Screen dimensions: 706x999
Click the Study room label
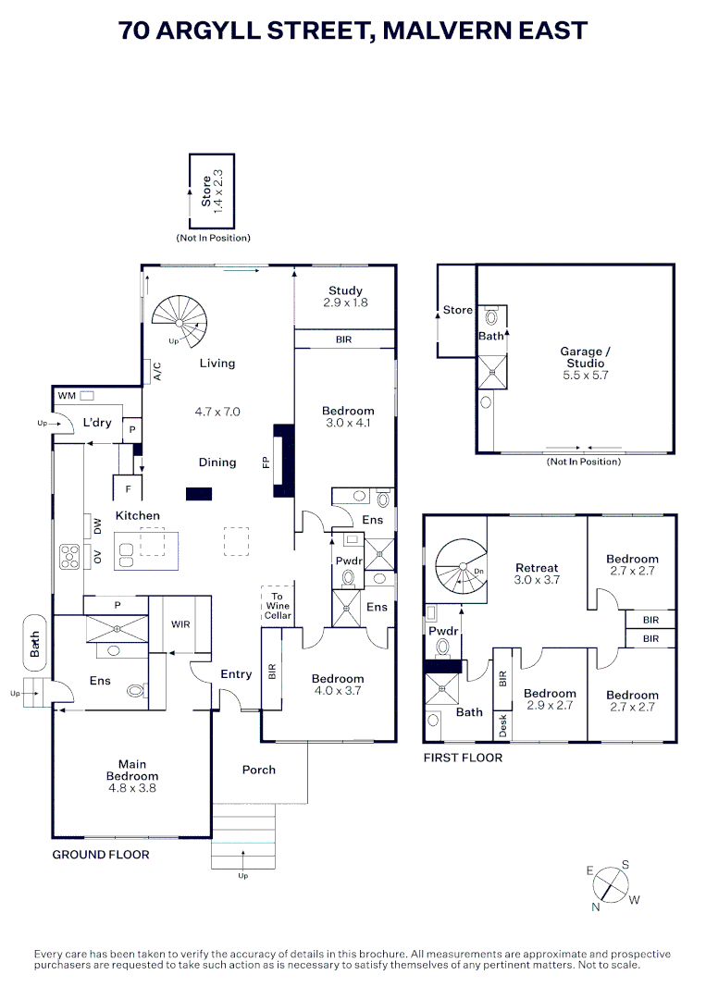345,290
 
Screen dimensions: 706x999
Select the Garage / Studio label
585,357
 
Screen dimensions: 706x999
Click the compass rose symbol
611,886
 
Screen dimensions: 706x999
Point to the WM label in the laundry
67,396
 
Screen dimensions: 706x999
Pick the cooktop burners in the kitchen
69,556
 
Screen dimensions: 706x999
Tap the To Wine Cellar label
278,606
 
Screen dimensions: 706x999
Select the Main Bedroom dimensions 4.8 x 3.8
132,788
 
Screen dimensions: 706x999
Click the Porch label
259,770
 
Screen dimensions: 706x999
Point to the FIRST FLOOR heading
463,758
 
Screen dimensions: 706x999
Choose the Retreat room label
537,568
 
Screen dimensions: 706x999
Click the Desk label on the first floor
502,726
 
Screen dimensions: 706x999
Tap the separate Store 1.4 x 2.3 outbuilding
212,191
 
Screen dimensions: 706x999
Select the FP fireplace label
266,462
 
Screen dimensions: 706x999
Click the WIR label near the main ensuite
180,624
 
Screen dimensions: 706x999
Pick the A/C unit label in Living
157,372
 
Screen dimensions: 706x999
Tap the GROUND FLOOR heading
101,855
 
